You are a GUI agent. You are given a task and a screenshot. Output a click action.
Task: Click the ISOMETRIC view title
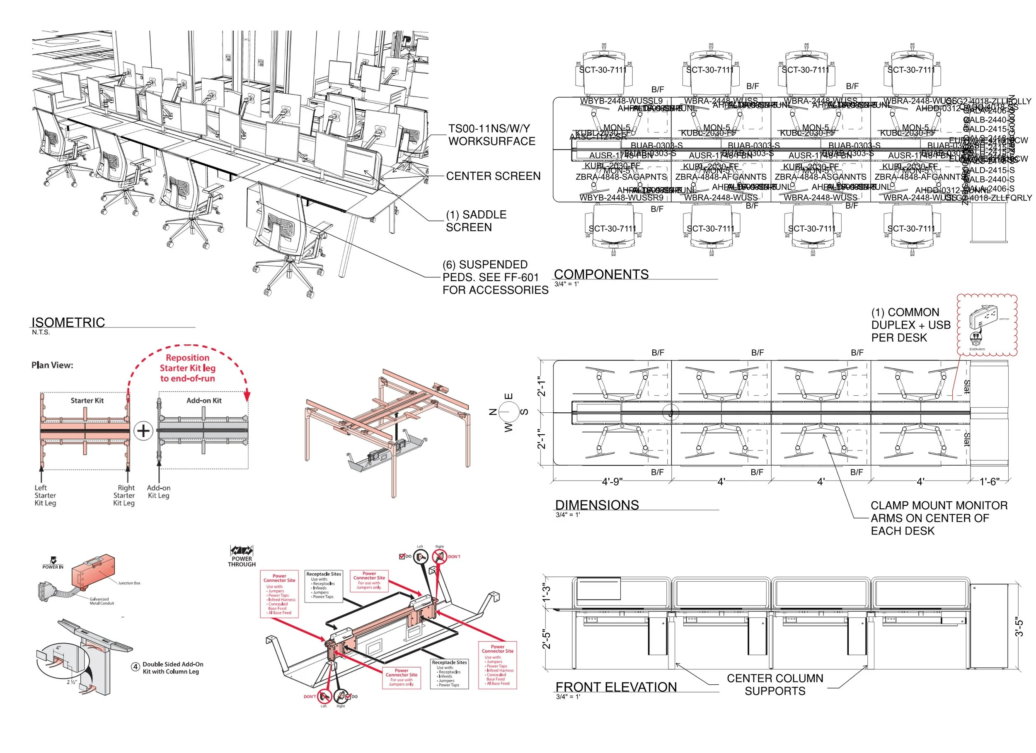68,322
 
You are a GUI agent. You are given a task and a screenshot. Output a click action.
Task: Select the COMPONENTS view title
601,274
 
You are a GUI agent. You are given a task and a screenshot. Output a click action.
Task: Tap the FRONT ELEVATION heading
616,687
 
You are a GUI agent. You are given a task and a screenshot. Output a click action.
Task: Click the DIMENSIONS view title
597,505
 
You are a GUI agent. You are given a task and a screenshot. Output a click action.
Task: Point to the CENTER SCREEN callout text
493,176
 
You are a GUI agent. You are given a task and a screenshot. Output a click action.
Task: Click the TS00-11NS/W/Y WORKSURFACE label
491,135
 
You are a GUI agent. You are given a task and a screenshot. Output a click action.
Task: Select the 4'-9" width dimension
612,482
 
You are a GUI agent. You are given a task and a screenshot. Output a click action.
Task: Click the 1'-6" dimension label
990,482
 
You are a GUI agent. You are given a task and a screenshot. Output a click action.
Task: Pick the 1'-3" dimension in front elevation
546,592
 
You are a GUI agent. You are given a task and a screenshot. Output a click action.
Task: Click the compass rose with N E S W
508,412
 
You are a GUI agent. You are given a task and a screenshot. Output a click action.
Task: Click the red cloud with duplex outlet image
987,325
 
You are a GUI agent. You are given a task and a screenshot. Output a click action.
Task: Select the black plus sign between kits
143,431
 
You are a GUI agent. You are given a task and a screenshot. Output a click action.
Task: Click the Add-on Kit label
204,401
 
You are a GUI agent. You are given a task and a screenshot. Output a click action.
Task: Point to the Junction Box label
129,583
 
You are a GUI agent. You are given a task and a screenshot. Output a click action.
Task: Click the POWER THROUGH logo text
242,561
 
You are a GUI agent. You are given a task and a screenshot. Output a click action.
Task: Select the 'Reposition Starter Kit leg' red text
187,368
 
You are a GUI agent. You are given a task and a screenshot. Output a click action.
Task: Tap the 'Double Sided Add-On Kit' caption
173,668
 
